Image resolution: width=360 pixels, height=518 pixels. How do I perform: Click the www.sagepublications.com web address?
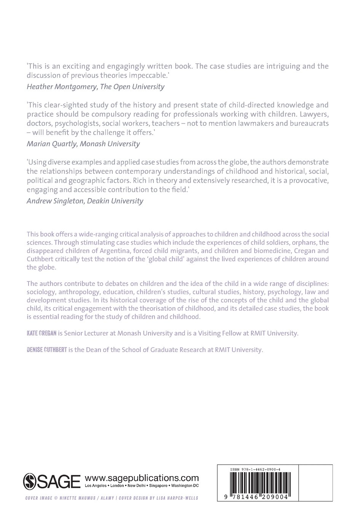(x=142, y=478)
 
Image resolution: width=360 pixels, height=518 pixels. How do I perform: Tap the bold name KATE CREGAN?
(x=41, y=333)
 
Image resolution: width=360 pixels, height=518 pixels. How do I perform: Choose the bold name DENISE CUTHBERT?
(x=47, y=350)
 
